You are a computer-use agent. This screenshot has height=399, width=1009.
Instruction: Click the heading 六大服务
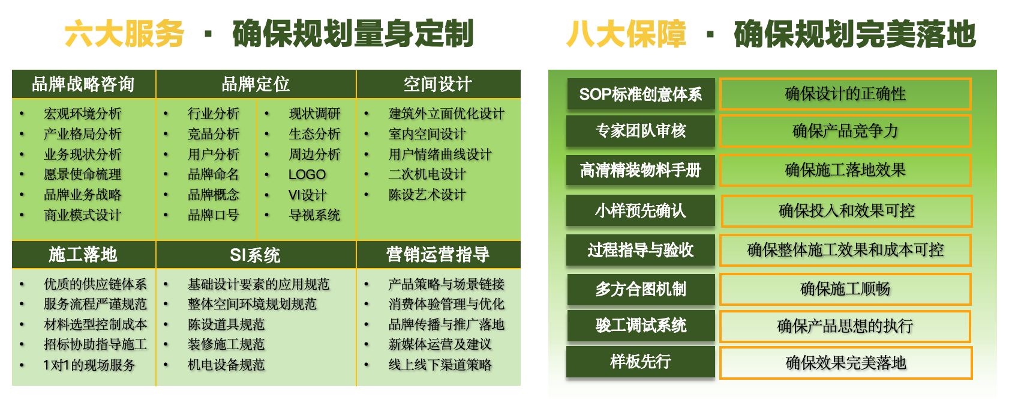(x=124, y=34)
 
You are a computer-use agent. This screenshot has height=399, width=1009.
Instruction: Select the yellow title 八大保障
(x=626, y=34)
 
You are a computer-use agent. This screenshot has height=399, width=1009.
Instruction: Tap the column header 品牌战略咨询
(x=83, y=84)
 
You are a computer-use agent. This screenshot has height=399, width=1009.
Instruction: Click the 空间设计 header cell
(x=439, y=84)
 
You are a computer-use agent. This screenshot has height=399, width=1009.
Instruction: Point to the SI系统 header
(x=256, y=255)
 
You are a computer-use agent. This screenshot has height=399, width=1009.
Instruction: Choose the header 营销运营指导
(x=439, y=255)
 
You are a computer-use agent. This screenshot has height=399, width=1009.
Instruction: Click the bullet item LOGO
(x=307, y=175)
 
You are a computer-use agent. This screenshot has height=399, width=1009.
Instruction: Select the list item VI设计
(x=307, y=195)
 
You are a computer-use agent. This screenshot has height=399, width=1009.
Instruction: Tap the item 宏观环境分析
(x=82, y=114)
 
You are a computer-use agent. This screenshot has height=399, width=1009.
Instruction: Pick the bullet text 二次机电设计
(x=427, y=175)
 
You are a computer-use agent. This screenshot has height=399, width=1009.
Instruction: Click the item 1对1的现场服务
(x=89, y=365)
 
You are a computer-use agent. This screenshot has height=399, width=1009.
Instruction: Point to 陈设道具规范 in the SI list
(x=226, y=324)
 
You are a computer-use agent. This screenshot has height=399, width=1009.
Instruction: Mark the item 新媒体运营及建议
(x=440, y=344)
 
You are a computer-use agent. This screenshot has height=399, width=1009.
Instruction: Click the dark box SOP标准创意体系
(x=641, y=94)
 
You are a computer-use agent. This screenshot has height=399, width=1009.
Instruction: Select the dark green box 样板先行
(x=641, y=362)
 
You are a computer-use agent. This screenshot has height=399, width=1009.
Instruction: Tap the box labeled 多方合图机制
(x=641, y=289)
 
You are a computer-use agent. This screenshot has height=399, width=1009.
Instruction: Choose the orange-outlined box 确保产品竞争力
(x=845, y=131)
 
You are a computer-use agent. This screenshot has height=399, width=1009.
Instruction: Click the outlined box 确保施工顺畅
(x=845, y=289)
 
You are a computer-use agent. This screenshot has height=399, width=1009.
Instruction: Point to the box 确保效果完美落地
(x=846, y=363)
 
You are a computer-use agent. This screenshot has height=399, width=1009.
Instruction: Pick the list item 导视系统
(x=314, y=215)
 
